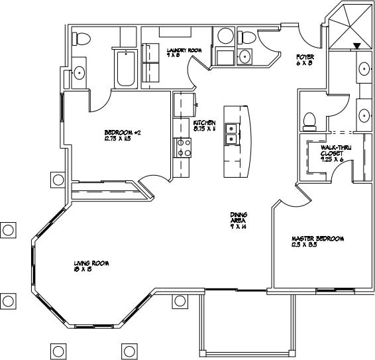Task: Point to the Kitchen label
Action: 205,123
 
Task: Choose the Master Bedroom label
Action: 319,239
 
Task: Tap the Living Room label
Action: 91,263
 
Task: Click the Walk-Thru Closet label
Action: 331,150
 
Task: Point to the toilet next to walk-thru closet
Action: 309,120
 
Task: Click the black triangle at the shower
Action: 357,46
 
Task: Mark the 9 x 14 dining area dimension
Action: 239,227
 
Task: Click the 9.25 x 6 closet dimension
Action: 331,160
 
